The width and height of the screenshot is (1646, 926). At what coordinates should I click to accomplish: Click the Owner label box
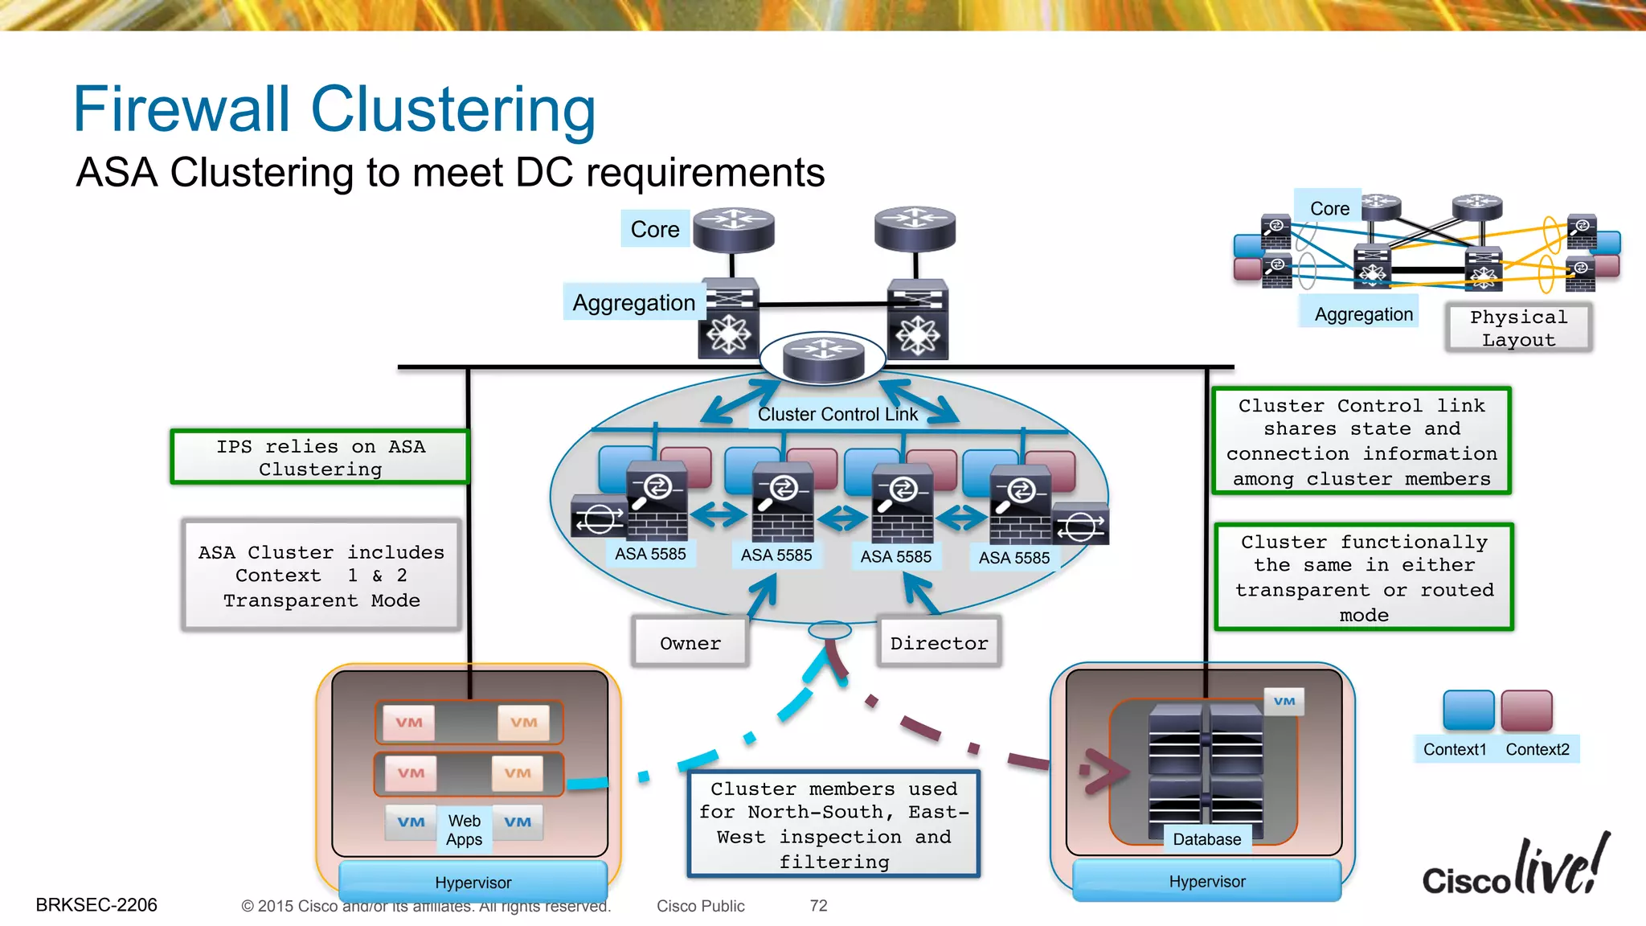click(690, 643)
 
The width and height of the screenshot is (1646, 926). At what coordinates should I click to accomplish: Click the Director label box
click(939, 643)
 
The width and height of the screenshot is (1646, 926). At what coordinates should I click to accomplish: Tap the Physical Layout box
click(1518, 328)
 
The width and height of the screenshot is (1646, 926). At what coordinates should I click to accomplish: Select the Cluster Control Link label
click(837, 414)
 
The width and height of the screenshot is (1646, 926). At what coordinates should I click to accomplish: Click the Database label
click(1206, 839)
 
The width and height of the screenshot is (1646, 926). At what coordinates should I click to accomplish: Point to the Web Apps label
click(465, 830)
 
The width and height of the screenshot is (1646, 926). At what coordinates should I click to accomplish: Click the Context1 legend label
click(1455, 749)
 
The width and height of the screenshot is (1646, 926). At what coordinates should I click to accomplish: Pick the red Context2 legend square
click(1526, 710)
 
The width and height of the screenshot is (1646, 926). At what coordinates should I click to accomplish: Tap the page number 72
click(818, 906)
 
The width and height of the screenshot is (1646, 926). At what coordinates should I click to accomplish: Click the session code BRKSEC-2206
click(96, 905)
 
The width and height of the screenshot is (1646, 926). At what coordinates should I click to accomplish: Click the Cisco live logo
click(1516, 868)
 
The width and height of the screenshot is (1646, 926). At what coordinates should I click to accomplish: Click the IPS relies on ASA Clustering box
click(320, 457)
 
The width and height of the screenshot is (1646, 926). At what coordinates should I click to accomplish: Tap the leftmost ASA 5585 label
click(650, 554)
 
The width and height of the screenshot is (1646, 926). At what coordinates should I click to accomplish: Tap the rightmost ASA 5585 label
click(1014, 557)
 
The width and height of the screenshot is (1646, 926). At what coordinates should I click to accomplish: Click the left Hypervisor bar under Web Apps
click(473, 882)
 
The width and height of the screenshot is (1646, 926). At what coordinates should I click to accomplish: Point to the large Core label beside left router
click(655, 229)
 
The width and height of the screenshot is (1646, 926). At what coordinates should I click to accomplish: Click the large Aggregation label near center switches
click(633, 302)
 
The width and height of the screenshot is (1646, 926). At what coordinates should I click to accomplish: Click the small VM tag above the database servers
click(1284, 701)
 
